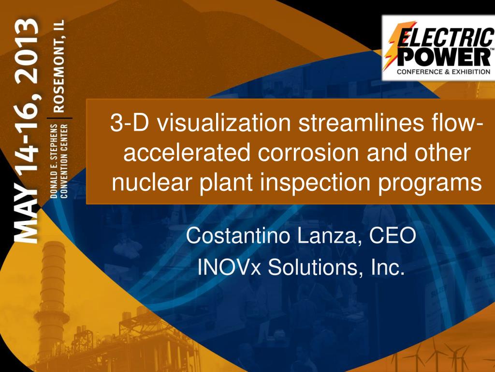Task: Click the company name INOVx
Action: pyautogui.click(x=230, y=267)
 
